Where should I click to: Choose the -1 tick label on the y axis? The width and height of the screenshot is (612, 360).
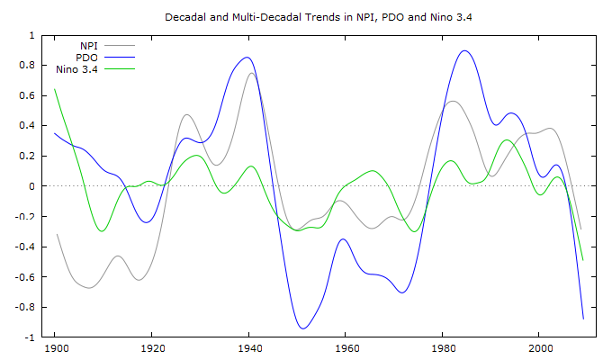31,337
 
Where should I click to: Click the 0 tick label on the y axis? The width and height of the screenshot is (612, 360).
33,186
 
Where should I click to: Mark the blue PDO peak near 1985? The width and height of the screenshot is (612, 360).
464,51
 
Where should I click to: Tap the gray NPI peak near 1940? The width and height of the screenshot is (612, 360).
252,73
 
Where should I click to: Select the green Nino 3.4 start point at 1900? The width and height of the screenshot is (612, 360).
55,89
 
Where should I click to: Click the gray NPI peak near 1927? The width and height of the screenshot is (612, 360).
186,115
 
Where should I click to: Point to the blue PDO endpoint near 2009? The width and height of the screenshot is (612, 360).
583,319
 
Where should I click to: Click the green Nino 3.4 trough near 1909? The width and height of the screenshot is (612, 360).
101,231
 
